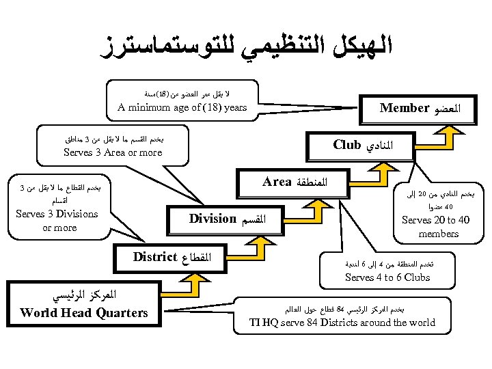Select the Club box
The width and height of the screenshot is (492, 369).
pyautogui.click(x=368, y=145)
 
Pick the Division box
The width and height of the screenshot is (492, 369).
pyautogui.click(x=225, y=219)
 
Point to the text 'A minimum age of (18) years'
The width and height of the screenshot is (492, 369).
pyautogui.click(x=182, y=107)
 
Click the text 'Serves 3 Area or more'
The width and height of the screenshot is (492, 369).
pyautogui.click(x=112, y=152)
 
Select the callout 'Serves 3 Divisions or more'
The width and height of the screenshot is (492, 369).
pyautogui.click(x=57, y=220)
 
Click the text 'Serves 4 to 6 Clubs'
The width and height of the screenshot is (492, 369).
pyautogui.click(x=387, y=277)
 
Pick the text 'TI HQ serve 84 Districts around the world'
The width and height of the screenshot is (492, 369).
pyautogui.click(x=342, y=323)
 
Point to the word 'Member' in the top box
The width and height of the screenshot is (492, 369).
pyautogui.click(x=404, y=108)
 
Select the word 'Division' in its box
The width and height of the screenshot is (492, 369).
pyautogui.click(x=213, y=219)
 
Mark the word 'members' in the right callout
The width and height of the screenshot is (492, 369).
pyautogui.click(x=438, y=234)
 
